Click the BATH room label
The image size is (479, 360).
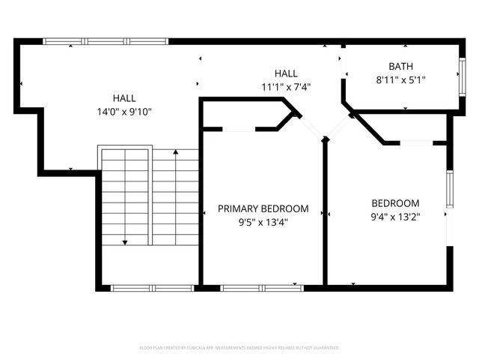click(x=400, y=66)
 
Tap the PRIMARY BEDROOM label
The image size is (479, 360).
click(x=263, y=208)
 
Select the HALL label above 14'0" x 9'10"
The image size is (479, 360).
click(x=124, y=98)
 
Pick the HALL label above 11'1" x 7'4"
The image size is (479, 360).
click(x=286, y=73)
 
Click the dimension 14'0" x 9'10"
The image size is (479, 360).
click(x=124, y=112)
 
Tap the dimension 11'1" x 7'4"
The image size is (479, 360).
click(x=286, y=86)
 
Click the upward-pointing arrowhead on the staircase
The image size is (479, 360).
click(x=176, y=153)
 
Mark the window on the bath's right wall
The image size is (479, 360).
click(x=463, y=74)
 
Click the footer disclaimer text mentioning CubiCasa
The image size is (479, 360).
click(x=239, y=348)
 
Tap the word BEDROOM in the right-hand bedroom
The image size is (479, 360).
click(x=395, y=203)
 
